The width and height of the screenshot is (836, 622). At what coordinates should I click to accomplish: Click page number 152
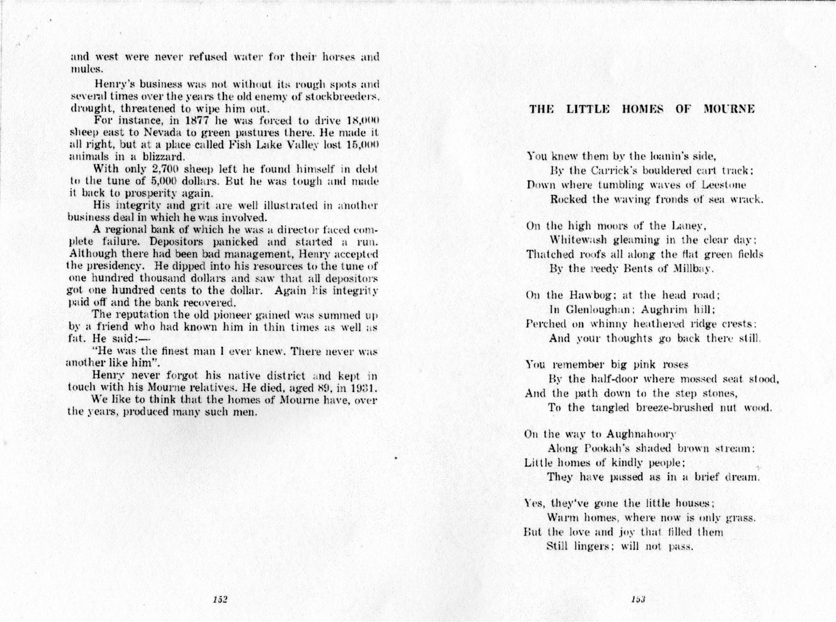[220, 599]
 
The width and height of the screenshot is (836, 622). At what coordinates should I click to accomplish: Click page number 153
[639, 599]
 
